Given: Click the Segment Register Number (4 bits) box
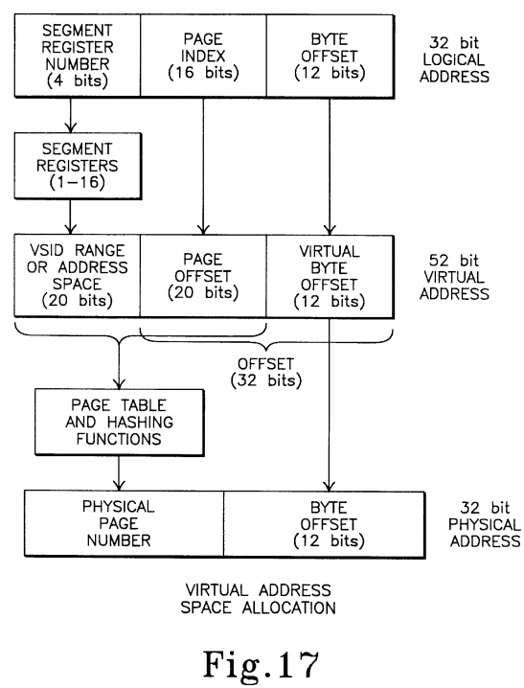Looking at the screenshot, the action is tap(78, 56).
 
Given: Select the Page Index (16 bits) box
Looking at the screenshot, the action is tap(203, 56).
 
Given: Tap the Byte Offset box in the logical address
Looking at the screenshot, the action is tap(330, 56).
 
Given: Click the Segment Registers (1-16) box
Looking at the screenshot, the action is tap(78, 166).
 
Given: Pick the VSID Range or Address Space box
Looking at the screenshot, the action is tap(78, 276).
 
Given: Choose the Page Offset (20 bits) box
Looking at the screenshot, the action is tap(203, 276).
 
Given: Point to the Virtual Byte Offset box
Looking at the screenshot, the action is tap(330, 276).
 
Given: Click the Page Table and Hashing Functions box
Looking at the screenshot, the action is tap(120, 423).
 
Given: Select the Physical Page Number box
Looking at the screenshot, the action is tap(125, 523).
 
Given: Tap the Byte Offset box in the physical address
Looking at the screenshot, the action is tap(325, 524).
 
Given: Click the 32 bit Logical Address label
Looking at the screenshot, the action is tap(454, 59).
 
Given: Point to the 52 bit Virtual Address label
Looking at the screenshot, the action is tap(454, 277).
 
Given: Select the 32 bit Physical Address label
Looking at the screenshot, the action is tap(485, 524).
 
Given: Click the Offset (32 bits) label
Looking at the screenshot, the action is tap(266, 372).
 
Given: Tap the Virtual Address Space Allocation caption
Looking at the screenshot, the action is tap(259, 599).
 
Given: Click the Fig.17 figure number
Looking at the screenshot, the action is tap(261, 664).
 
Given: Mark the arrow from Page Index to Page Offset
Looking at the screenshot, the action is tap(203, 166).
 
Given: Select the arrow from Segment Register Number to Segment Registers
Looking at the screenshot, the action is tap(70, 115).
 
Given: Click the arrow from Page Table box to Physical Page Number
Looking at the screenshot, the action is tap(119, 473).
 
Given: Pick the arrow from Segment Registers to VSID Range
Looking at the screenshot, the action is tap(70, 217).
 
